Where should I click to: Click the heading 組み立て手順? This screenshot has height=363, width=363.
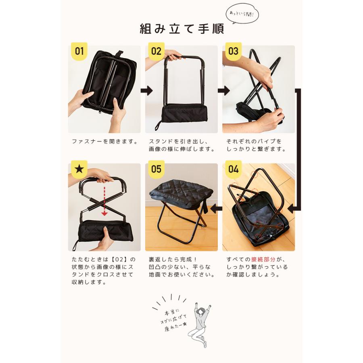point(181,29)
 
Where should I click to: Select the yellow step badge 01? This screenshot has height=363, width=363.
point(79,52)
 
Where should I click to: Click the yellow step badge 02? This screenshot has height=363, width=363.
point(156,52)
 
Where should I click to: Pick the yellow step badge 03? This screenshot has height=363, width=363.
point(233,52)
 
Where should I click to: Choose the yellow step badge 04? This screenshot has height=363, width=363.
point(233,169)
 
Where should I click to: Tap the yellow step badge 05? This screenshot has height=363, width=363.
point(156,169)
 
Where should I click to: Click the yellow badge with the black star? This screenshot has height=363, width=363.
point(79,169)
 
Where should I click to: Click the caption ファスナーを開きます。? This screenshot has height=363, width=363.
point(104,142)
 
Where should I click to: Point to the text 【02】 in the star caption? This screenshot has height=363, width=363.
point(121,259)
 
